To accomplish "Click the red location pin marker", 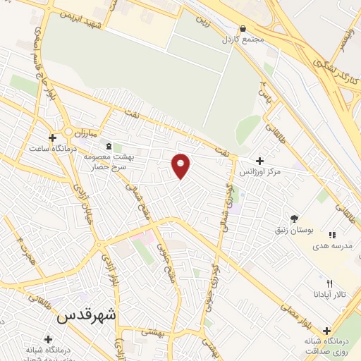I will (x=181, y=165).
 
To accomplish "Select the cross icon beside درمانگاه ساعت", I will (x=52, y=137).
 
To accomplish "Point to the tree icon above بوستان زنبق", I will (x=294, y=219).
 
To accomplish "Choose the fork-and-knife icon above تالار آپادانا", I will (x=329, y=283).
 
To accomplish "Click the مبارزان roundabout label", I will (x=90, y=132).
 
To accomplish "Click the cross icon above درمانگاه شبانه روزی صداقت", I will (x=326, y=331).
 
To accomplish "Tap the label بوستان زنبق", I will (x=294, y=230).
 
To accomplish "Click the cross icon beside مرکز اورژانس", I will (x=260, y=161).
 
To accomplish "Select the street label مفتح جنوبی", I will (x=170, y=261).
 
